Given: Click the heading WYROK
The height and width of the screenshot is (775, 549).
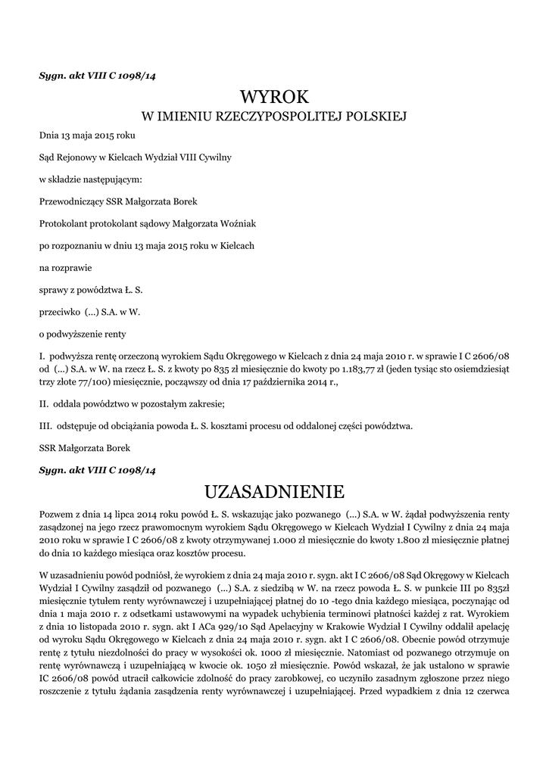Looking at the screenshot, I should [x=274, y=96].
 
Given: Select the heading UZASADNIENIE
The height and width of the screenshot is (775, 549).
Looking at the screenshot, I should [x=274, y=491].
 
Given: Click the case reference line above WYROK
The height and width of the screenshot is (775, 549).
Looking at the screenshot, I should [x=97, y=75].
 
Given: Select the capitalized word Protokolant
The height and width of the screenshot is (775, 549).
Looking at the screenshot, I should [x=64, y=224].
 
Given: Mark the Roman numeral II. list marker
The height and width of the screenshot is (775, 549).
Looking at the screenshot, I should [x=43, y=403].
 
